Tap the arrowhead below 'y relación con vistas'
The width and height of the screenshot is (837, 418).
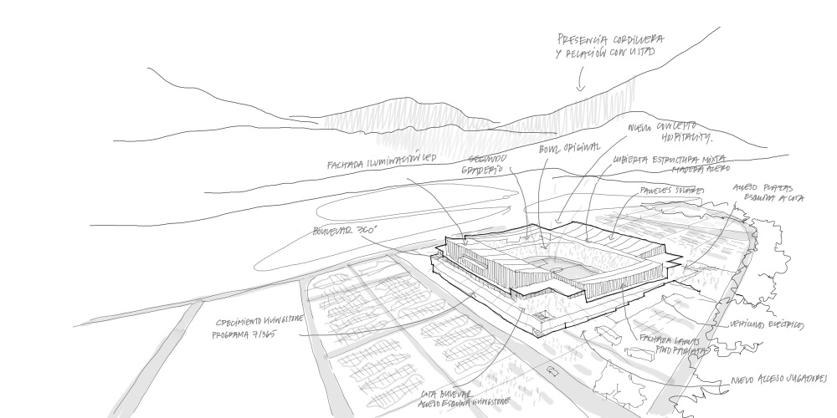pyautogui.click(x=579, y=88)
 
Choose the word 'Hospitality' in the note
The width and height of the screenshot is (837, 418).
pyautogui.click(x=679, y=138)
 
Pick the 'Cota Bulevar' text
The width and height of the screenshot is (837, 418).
pyautogui.click(x=444, y=392)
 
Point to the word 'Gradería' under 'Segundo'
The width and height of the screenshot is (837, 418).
pyautogui.click(x=482, y=170)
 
